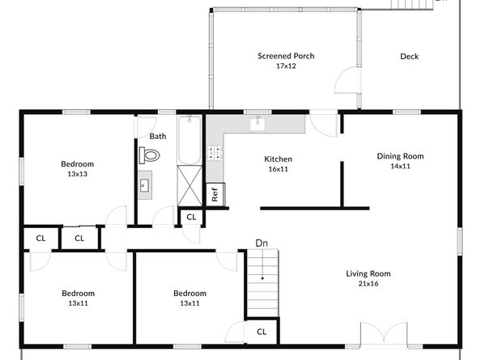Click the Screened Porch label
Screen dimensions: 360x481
[286, 56]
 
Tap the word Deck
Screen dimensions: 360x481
[409, 57]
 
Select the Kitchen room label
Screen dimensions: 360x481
[278, 159]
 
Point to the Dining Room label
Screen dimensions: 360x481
[400, 156]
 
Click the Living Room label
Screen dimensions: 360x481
[368, 273]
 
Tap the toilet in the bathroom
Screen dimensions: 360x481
[151, 155]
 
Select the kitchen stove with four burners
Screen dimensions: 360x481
[215, 151]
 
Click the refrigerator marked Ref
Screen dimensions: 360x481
[215, 194]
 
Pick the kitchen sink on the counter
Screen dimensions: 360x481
[258, 124]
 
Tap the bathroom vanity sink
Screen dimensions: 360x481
[145, 184]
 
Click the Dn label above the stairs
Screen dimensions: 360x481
[262, 243]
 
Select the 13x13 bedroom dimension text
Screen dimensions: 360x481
[78, 174]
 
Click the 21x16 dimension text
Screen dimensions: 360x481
[368, 283]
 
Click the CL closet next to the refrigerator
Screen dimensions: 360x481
[191, 217]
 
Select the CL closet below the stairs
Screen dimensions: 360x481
[262, 332]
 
